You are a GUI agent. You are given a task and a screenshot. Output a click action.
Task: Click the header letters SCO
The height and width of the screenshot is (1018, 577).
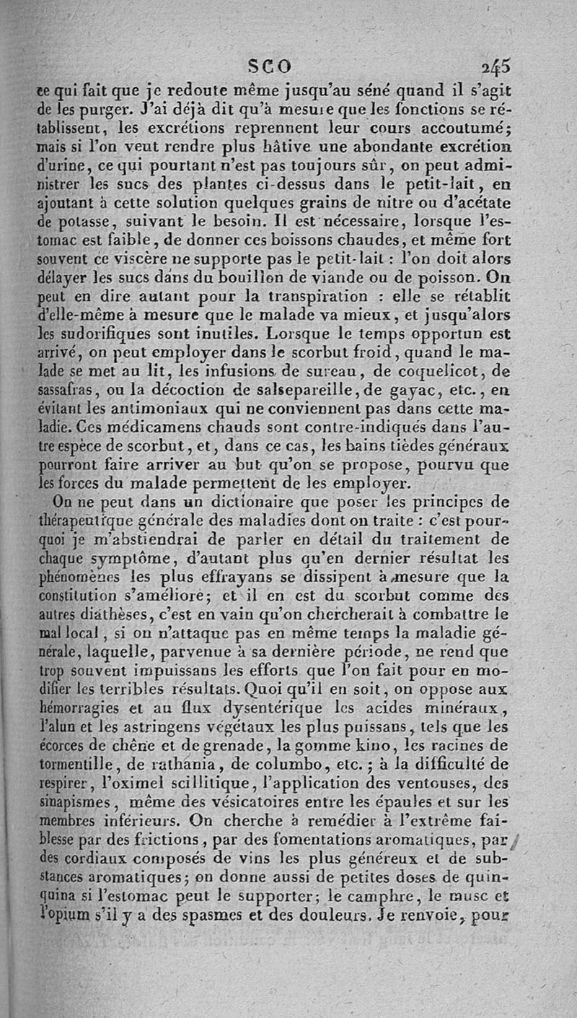pyautogui.click(x=270, y=66)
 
